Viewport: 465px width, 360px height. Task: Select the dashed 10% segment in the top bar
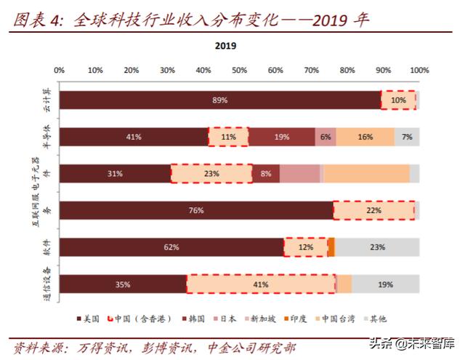[398, 100]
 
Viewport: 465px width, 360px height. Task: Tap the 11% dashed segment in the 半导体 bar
[229, 137]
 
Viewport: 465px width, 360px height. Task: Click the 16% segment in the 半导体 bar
[365, 137]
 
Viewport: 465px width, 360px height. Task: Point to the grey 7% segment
[407, 137]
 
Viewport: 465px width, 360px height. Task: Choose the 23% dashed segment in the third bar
[211, 174]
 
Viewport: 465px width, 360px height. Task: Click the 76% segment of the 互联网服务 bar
[195, 210]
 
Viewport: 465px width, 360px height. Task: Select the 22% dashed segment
[373, 210]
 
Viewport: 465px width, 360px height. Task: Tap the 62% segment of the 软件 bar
[171, 247]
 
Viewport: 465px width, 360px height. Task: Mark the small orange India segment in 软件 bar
[331, 247]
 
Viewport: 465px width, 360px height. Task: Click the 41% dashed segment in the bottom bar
[261, 284]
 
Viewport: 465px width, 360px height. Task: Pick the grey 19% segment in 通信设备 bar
[385, 284]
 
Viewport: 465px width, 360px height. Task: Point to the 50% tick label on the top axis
[239, 71]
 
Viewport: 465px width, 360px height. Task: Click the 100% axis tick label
[418, 71]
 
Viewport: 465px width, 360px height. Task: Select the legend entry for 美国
[88, 319]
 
